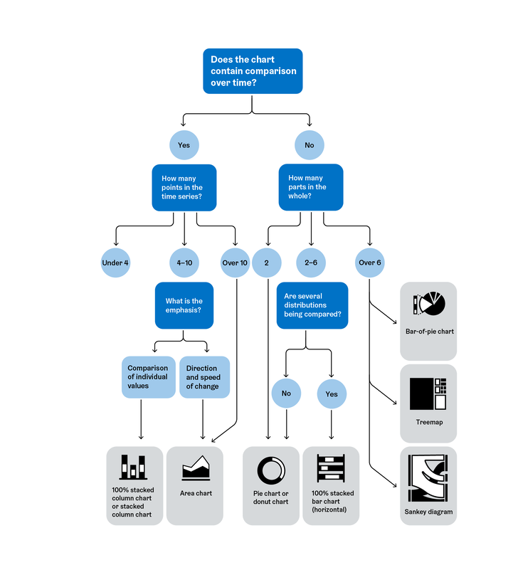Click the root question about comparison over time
[x=253, y=70]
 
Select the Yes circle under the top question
[x=184, y=144]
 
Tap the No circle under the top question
[x=309, y=144]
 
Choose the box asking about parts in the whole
[x=310, y=187]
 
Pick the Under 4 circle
[x=115, y=263]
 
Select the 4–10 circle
[x=184, y=263]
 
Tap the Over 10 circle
[x=235, y=263]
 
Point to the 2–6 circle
[x=310, y=263]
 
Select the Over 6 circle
[x=369, y=263]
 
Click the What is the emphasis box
[x=184, y=306]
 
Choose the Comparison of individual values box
[x=148, y=377]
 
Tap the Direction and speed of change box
[x=204, y=377]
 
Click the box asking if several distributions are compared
[x=312, y=305]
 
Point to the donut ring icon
[x=271, y=470]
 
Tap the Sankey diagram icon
[x=428, y=479]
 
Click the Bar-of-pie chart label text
[x=429, y=332]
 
